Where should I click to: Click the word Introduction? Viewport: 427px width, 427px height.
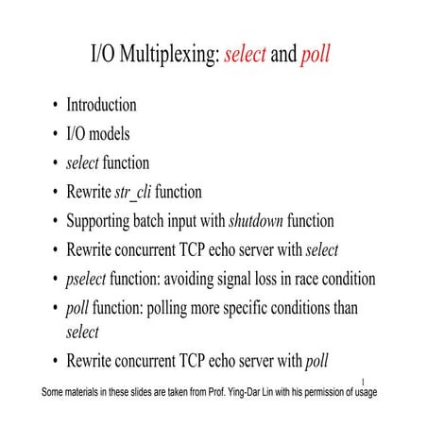coord(101,105)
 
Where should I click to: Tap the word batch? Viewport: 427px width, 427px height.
coord(159,221)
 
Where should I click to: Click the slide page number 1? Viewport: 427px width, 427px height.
coord(364,382)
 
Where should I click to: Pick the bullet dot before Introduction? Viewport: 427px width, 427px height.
coord(57,106)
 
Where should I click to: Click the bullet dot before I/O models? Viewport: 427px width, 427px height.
coord(57,134)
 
